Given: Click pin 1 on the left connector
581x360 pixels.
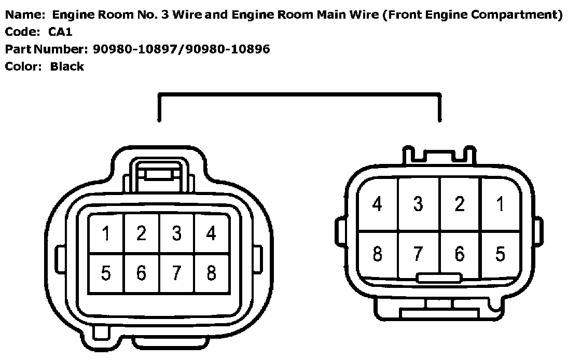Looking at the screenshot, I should [106, 234].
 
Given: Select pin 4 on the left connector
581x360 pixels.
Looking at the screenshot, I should [211, 234].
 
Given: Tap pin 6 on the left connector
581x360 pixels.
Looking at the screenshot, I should [141, 272].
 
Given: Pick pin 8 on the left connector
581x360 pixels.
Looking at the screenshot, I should [211, 272].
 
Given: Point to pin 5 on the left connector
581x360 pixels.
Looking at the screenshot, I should [106, 272].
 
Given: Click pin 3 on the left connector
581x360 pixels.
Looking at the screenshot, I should [176, 234].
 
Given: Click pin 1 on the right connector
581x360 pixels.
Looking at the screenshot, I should [500, 204].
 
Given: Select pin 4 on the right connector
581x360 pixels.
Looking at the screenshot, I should [378, 204].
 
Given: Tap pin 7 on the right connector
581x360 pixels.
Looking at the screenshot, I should [418, 254].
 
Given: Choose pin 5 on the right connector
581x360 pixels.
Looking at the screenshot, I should [500, 254].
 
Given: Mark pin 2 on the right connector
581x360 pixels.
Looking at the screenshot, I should [460, 204].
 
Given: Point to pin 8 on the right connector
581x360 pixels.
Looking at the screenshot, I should [378, 254].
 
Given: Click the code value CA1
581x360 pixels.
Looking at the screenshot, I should [61, 32].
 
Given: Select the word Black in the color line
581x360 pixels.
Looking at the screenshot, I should [67, 66].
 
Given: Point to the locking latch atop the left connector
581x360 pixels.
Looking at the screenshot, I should [159, 175].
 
